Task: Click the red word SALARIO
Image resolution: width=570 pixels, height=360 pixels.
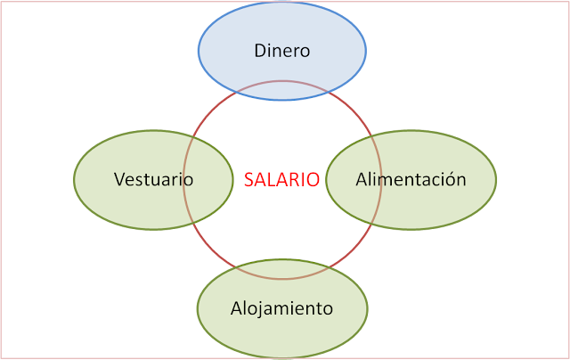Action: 281,179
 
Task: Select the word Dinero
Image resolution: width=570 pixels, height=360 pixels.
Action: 281,51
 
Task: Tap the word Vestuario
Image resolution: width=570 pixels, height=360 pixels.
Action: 153,179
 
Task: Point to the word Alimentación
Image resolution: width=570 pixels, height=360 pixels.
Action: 411,179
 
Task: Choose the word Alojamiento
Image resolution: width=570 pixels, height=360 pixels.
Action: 281,309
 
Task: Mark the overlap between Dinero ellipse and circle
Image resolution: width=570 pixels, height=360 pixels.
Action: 281,90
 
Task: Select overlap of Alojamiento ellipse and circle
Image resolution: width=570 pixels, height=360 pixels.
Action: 281,268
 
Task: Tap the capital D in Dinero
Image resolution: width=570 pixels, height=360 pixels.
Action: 259,51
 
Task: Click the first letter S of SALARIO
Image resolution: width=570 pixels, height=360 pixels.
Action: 248,179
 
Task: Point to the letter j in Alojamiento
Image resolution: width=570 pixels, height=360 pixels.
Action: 266,310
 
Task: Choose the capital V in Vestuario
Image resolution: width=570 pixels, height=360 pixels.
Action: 119,179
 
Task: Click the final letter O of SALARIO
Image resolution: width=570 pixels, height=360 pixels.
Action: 313,179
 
